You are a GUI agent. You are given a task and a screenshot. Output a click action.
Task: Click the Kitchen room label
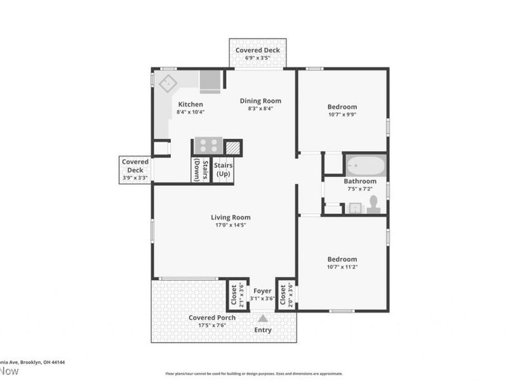pos(190,104)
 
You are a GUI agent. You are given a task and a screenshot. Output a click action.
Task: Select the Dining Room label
pos(260,100)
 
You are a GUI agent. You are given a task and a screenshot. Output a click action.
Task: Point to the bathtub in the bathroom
pos(366,166)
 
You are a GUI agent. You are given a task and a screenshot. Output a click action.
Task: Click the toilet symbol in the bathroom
pos(373,204)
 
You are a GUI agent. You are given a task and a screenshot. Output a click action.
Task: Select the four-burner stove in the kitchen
pos(208,146)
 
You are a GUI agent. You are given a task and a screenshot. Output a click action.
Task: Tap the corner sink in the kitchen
pos(168,84)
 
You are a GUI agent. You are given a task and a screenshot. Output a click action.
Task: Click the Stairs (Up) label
pos(223,170)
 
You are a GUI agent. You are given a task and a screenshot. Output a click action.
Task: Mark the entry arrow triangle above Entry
pos(263,319)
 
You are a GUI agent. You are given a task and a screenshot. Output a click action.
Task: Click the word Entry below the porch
pos(263,330)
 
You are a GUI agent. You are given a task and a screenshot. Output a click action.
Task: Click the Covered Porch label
pos(212,317)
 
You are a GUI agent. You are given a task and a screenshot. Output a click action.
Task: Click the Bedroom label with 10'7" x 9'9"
pos(342,107)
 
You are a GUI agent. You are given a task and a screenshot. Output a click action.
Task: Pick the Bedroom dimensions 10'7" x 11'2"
pos(342,267)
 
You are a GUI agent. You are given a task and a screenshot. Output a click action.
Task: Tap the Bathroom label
pos(360,181)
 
